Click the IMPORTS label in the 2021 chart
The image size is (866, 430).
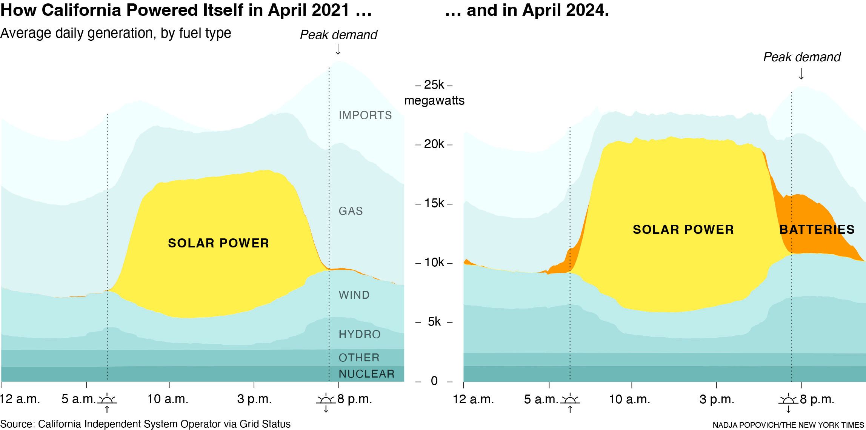click(365, 115)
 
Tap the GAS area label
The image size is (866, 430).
click(351, 211)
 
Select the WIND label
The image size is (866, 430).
click(354, 295)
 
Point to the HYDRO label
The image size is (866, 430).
click(359, 334)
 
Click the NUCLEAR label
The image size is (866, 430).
click(366, 374)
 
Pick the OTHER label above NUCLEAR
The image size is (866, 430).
click(359, 358)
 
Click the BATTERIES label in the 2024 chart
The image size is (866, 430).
click(817, 229)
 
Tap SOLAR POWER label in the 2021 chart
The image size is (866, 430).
click(218, 243)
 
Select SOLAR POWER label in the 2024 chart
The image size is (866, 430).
click(683, 229)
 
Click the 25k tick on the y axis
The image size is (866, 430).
click(434, 84)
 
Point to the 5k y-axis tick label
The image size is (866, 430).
click(434, 322)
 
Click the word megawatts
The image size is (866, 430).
click(434, 101)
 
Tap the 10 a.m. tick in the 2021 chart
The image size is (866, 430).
click(168, 399)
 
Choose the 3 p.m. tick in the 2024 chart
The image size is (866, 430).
click(717, 399)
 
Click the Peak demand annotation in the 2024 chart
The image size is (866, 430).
click(801, 57)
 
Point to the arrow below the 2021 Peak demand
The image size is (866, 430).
click(338, 49)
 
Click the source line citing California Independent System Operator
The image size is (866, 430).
click(145, 424)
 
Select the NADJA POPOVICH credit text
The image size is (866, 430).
click(788, 425)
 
